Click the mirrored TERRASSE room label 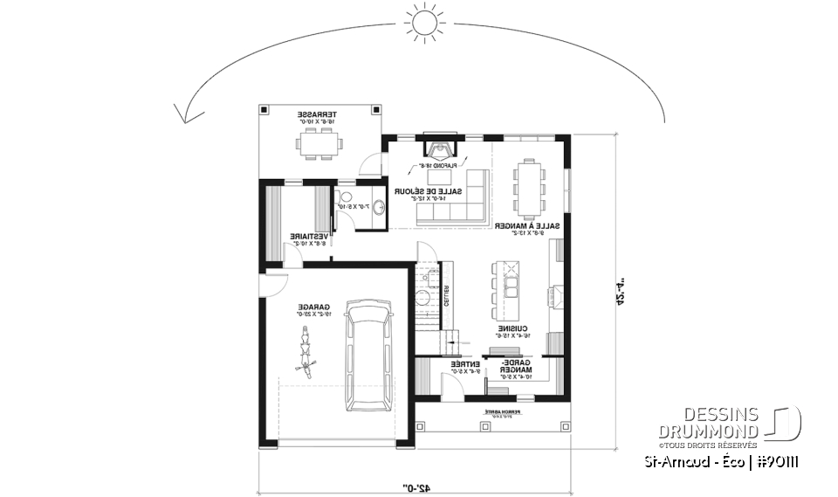tap(318, 115)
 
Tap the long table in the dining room tap(530, 186)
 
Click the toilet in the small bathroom tap(344, 197)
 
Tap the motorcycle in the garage tap(306, 349)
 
